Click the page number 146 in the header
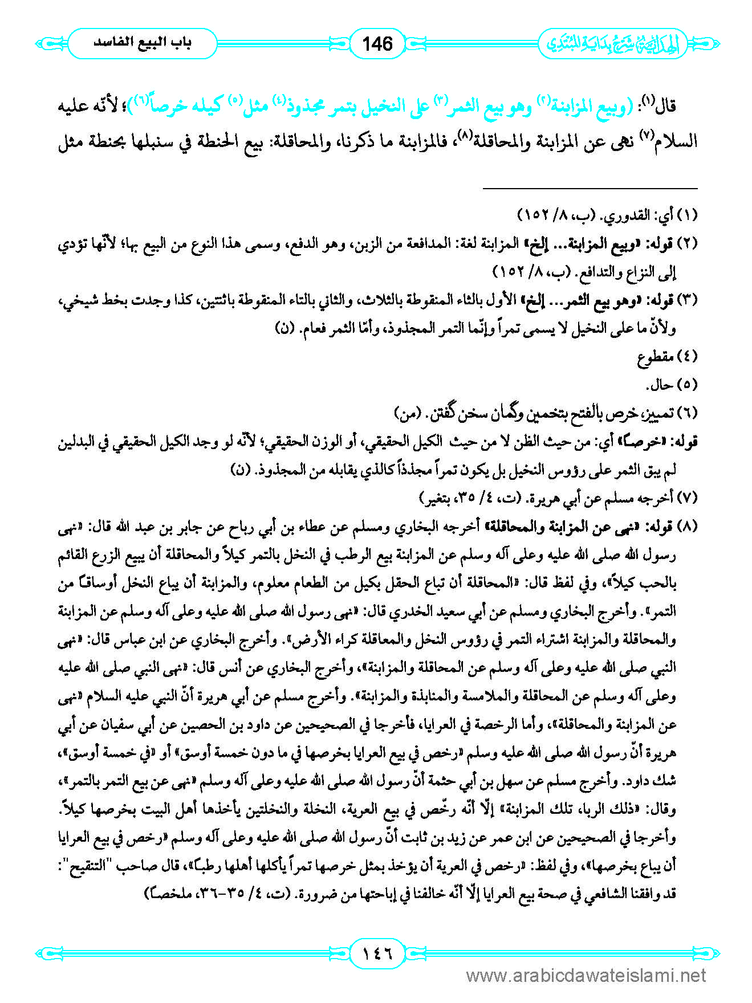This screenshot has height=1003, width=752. (x=377, y=43)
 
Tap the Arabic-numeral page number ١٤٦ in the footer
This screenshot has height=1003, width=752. (x=377, y=952)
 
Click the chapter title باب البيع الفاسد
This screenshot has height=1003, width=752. (x=143, y=43)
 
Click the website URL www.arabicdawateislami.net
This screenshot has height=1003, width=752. (x=586, y=976)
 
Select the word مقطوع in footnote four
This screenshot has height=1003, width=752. (x=655, y=357)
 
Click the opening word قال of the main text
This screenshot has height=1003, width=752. (x=684, y=107)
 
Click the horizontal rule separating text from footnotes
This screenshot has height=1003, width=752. (x=590, y=188)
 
